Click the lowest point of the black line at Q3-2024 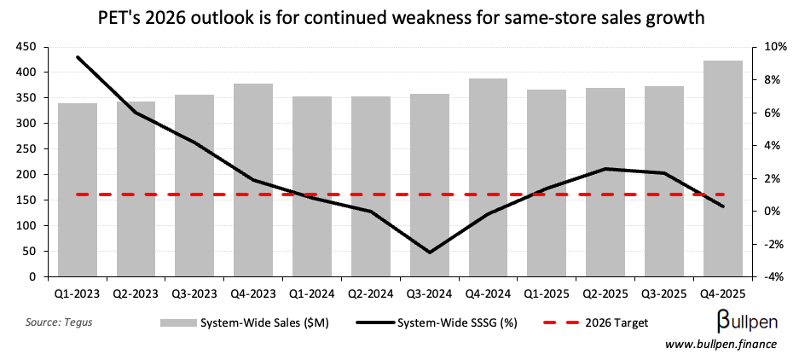429,253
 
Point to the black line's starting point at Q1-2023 78,57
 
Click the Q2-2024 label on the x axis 370,293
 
